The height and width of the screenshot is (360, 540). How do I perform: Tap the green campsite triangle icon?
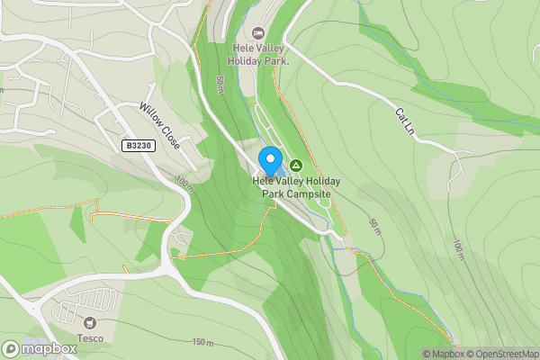click(296, 166)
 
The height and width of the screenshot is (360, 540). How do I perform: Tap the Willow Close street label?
click(159, 125)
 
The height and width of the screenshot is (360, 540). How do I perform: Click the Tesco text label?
click(89, 338)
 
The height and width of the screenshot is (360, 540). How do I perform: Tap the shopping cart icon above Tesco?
click(89, 323)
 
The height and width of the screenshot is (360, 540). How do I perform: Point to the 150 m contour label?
click(202, 343)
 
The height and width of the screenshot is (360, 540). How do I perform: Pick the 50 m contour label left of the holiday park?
click(220, 88)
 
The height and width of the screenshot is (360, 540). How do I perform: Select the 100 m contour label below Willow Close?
click(185, 184)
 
